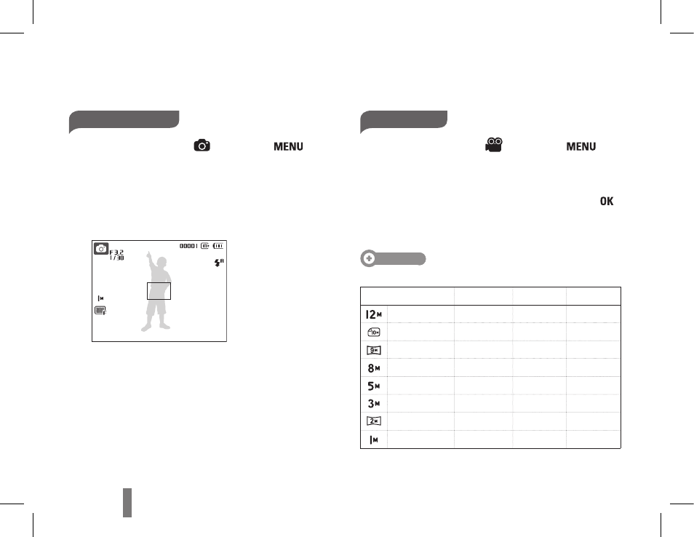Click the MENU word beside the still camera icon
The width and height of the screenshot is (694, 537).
tap(288, 146)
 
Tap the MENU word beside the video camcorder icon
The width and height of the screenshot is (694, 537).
tap(581, 146)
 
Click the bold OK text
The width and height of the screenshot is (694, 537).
tap(607, 201)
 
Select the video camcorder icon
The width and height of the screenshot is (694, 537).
tap(494, 146)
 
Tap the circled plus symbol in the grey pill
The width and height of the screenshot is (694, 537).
tap(369, 258)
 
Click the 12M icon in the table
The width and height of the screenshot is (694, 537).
tap(374, 314)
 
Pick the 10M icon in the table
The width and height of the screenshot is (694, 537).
tap(374, 332)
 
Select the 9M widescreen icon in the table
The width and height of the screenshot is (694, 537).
tap(374, 350)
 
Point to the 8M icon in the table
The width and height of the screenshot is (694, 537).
tap(374, 368)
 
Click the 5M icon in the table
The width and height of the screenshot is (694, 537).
tap(374, 386)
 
